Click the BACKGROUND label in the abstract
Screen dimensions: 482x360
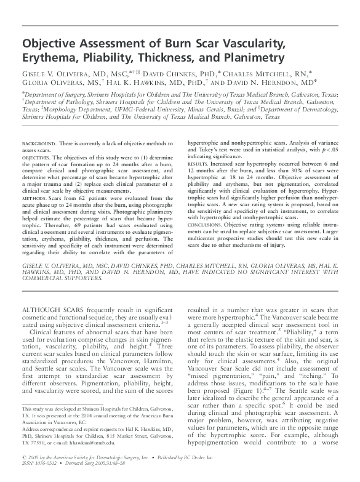39,142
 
